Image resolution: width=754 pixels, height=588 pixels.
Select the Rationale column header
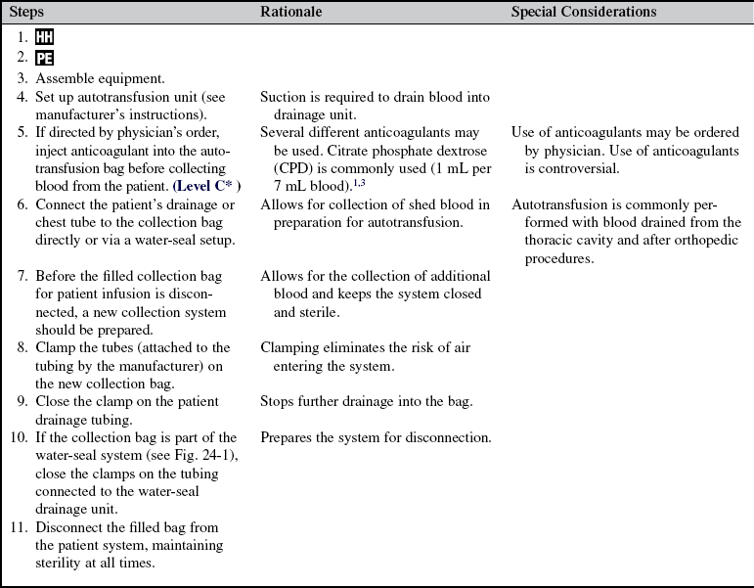pyautogui.click(x=292, y=12)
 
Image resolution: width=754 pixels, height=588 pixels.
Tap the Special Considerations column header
pyautogui.click(x=584, y=12)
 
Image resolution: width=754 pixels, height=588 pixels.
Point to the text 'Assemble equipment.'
pyautogui.click(x=95, y=77)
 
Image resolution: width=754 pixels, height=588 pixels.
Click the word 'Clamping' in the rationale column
pyautogui.click(x=291, y=347)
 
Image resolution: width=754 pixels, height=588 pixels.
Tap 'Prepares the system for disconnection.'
pyautogui.click(x=376, y=436)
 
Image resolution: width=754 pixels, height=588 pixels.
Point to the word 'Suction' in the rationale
pyautogui.click(x=285, y=96)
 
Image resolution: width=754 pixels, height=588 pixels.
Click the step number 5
pyautogui.click(x=22, y=131)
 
